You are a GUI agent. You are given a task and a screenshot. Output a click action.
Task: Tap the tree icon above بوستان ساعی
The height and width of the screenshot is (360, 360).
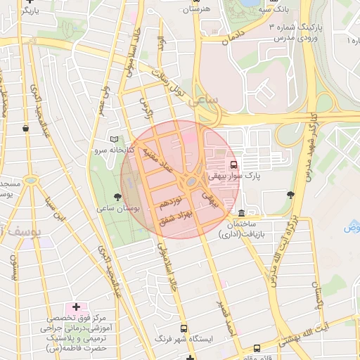117,196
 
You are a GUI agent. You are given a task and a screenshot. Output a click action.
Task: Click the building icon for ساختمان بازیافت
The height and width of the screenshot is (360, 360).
242,213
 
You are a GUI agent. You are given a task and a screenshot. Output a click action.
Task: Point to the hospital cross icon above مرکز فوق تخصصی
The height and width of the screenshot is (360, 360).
76,307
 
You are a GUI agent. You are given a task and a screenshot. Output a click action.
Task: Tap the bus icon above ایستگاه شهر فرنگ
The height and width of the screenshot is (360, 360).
184,328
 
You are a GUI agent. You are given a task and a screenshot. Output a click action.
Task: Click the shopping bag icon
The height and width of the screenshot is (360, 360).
26,128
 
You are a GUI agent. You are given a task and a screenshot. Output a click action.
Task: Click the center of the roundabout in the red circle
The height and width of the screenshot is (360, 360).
191,183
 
